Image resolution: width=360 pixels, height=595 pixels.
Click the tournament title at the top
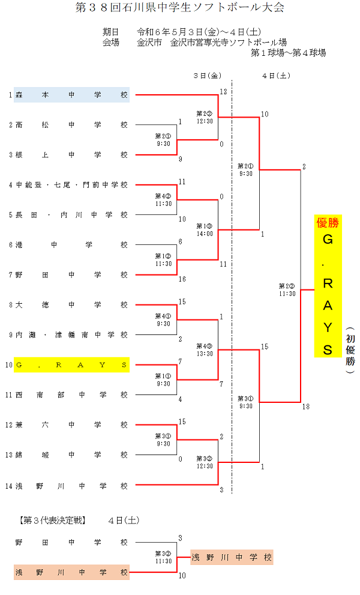pyautogui.click(x=179, y=8)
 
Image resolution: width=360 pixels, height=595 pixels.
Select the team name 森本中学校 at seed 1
pyautogui.click(x=71, y=95)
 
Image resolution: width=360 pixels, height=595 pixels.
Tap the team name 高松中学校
pyautogui.click(x=71, y=125)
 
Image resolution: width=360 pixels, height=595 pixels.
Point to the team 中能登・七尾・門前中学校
pyautogui.click(x=71, y=185)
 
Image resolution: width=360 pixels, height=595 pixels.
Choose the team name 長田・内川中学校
pyautogui.click(x=71, y=215)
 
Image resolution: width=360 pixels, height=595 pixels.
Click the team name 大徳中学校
pyautogui.click(x=71, y=305)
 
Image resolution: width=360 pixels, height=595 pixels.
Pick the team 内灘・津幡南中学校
pyautogui.click(x=71, y=335)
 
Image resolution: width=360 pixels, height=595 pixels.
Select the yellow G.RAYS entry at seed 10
pyautogui.click(x=71, y=365)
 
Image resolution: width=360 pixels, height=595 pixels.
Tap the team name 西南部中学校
pyautogui.click(x=71, y=395)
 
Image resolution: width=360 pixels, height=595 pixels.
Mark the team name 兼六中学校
pyautogui.click(x=71, y=425)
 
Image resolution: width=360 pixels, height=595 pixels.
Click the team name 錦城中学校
pyautogui.click(x=71, y=455)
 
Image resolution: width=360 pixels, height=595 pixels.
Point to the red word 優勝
pyautogui.click(x=328, y=223)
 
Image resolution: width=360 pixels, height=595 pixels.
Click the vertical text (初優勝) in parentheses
pyautogui.click(x=350, y=350)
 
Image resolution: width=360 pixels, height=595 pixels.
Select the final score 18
pyautogui.click(x=306, y=407)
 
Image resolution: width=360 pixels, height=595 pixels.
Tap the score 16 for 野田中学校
pyautogui.click(x=182, y=279)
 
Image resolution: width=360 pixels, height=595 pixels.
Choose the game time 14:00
pyautogui.click(x=205, y=234)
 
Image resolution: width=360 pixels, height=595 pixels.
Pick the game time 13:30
pyautogui.click(x=205, y=354)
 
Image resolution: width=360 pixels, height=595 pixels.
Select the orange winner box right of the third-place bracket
pyautogui.click(x=232, y=558)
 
